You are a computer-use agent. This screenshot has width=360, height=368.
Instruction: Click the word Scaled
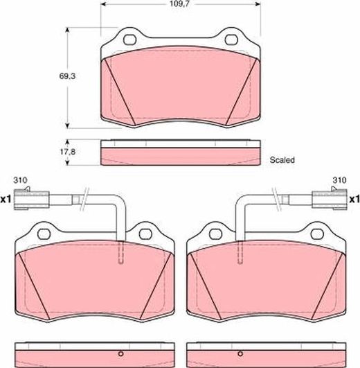click(282, 160)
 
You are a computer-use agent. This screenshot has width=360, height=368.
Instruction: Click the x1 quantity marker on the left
click(6, 200)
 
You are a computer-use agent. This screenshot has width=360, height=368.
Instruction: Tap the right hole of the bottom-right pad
click(317, 234)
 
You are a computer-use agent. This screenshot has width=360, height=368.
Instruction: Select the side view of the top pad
click(180, 153)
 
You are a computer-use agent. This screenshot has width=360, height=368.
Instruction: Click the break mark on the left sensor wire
click(84, 198)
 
